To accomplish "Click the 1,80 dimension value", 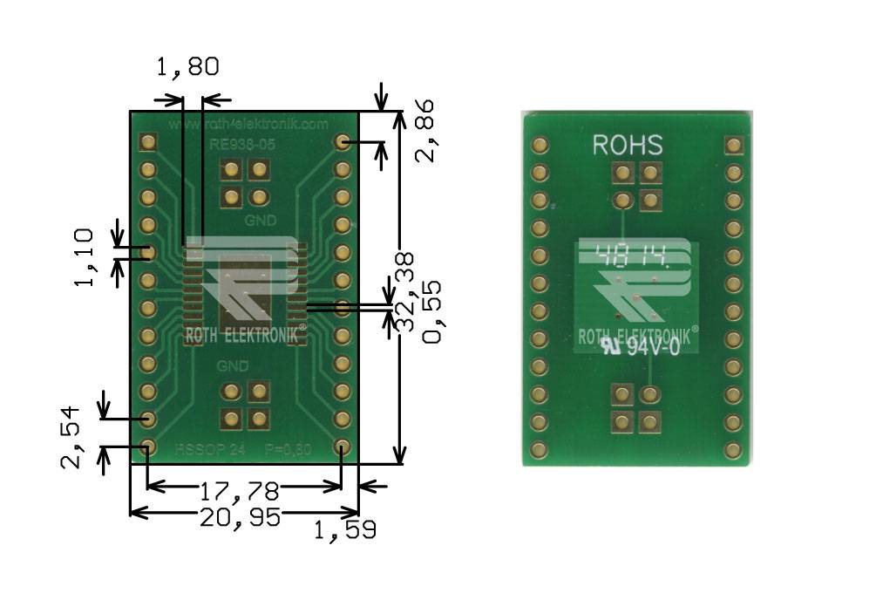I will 187,67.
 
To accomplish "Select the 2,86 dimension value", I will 425,131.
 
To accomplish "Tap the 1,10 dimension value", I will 85,258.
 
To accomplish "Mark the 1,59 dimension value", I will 345,529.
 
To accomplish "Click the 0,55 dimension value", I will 431,311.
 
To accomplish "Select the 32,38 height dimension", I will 404,293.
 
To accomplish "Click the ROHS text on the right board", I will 628,145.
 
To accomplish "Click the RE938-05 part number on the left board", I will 243,145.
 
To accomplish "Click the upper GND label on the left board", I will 260,222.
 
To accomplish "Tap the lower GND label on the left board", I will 233,365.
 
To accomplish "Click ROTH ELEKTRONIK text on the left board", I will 243,334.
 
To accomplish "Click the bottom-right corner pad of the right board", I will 732,449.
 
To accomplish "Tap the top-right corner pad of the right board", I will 732,145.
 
